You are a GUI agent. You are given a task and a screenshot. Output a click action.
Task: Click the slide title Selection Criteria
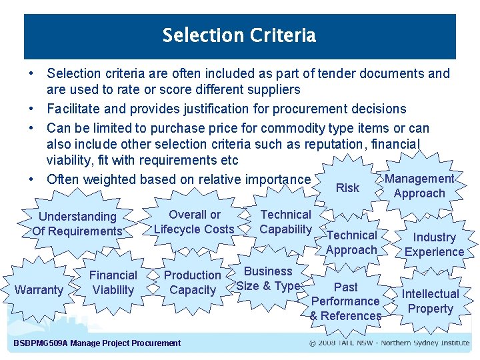[x=239, y=35]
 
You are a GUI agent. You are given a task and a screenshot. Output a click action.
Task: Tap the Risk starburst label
[x=347, y=188]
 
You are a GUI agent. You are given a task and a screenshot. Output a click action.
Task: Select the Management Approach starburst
[x=419, y=186]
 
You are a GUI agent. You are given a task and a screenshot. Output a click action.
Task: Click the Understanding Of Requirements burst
[x=77, y=224]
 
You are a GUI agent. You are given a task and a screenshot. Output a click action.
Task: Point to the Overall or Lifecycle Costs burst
[x=194, y=222]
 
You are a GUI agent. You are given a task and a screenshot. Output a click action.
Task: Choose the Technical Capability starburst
[x=285, y=222]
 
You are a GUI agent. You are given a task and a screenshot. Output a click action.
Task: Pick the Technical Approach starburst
[x=351, y=243]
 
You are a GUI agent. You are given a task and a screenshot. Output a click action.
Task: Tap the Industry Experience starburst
[x=434, y=245]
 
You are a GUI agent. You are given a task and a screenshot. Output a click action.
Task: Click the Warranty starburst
[x=38, y=290]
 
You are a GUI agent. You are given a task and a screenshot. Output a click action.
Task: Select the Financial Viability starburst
[x=113, y=283]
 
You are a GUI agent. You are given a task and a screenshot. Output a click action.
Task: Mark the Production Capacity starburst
[x=193, y=283]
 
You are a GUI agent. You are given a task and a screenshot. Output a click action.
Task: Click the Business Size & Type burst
[x=268, y=279]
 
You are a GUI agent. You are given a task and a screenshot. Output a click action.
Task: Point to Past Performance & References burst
[x=345, y=301]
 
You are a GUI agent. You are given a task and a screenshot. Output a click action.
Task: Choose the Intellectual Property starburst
[x=430, y=301]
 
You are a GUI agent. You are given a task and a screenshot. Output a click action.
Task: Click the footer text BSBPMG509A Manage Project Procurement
[x=97, y=343]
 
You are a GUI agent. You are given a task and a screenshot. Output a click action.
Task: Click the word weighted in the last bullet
[x=114, y=179]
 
